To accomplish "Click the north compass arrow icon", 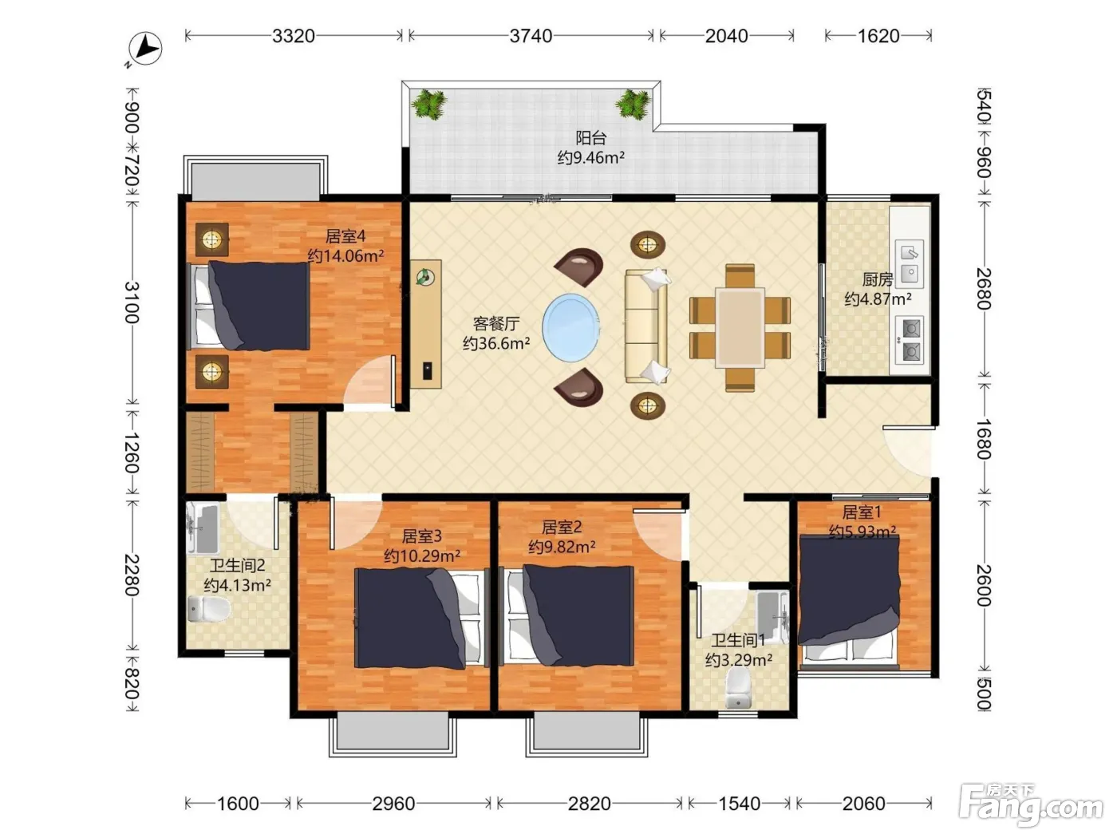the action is pos(145,49).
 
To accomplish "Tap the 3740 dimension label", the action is pos(531,36).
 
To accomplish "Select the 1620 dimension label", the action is pos(878,36).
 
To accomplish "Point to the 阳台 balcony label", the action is pos(591,138).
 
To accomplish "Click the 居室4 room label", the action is pos(345,236).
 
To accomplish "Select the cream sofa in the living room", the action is pos(646,326).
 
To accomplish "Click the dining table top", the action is pos(740,328).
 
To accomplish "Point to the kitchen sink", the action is pos(910,263).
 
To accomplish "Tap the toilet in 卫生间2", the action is pos(208,609).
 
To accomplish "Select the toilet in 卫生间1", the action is pos(738,688).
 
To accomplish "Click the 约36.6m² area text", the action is pos(496,343).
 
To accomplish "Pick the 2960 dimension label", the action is pos(393,804).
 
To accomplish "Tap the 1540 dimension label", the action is pos(739,804).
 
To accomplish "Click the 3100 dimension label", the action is pos(132,302).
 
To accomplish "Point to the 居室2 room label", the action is pos(562,527).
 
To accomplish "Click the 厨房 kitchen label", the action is pos(878,279).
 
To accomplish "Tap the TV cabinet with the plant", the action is pos(426,324).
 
